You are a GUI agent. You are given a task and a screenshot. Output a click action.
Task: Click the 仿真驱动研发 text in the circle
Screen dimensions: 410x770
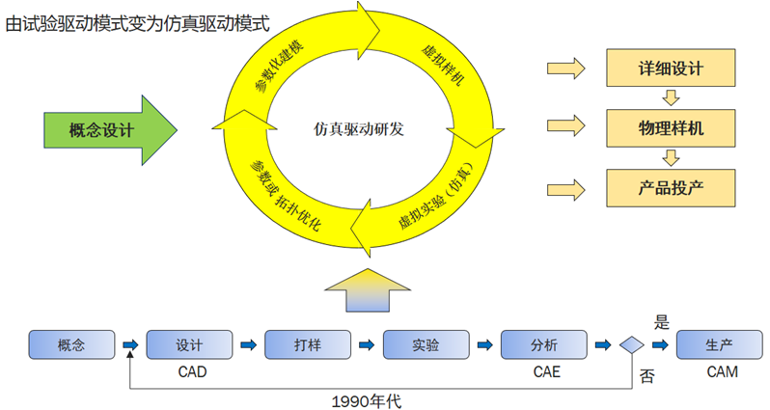tap(358, 128)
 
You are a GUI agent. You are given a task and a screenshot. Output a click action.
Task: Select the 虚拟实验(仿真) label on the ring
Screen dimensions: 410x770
tap(434, 197)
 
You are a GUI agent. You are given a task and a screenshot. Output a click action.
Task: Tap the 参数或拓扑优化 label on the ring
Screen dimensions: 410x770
tap(286, 193)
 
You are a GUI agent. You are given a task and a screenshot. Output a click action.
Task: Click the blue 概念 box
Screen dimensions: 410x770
tap(70, 344)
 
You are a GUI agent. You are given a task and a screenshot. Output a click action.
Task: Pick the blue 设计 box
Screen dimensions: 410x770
tap(189, 344)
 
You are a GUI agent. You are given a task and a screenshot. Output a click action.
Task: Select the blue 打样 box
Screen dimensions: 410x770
tap(307, 344)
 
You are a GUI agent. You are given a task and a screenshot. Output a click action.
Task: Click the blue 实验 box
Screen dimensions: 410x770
tap(426, 344)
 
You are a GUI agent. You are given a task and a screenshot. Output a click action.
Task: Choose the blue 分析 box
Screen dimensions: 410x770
tap(544, 344)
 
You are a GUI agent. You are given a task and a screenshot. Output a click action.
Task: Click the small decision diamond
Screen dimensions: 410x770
tap(632, 344)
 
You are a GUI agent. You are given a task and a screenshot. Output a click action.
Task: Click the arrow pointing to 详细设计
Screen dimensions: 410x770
tap(566, 68)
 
